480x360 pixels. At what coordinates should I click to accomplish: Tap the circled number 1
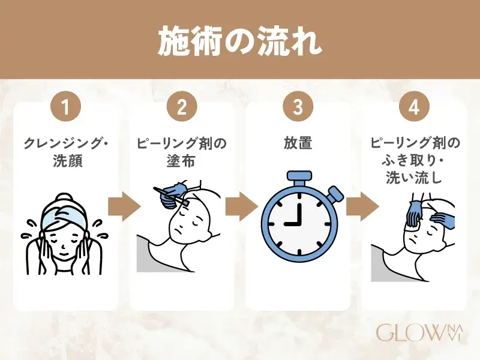[66, 109]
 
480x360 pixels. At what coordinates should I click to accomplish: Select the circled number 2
[182, 109]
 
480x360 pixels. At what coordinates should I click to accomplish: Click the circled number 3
[298, 109]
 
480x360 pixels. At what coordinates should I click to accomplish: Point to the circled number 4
[413, 109]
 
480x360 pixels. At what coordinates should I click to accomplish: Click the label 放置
[298, 144]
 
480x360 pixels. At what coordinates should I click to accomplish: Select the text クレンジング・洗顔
[66, 152]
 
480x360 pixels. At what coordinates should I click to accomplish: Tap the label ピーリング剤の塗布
[182, 152]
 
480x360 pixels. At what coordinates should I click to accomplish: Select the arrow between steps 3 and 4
[356, 208]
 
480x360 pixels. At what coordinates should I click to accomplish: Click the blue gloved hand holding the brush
[175, 191]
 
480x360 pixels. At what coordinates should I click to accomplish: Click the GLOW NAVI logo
[418, 331]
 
